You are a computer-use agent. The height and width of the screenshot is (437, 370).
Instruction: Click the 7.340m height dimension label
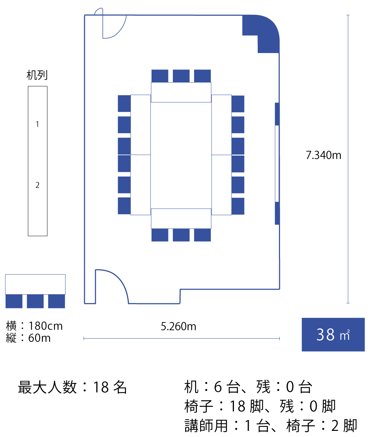pos(323,155)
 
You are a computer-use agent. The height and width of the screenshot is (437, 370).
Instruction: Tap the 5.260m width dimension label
pos(179,327)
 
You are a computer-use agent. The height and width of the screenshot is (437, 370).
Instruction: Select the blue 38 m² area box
pos(333,334)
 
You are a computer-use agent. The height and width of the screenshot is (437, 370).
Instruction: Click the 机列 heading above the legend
pos(37,75)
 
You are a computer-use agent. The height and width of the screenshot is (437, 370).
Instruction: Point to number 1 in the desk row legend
pos(37,124)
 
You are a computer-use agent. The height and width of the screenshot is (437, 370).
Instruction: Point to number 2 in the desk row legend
pos(37,185)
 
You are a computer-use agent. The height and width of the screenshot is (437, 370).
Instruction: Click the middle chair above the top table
pos(181,76)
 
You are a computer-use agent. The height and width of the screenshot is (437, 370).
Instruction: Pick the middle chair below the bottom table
pos(181,235)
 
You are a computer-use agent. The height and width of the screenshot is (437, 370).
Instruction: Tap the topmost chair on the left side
pos(124,103)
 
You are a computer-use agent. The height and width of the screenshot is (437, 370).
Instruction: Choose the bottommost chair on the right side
pos(238,206)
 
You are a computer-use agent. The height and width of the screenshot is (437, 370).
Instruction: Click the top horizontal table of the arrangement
pos(181,92)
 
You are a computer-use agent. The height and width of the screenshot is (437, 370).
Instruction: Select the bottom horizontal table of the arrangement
pos(181,218)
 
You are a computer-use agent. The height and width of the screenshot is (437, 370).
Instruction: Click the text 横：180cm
pos(35,326)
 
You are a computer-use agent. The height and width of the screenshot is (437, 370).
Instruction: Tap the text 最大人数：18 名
pos(72,387)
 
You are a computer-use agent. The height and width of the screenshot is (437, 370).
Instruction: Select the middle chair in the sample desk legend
pos(35,301)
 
